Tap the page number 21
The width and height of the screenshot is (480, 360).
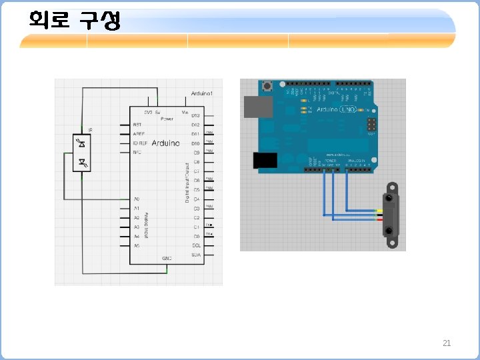447,343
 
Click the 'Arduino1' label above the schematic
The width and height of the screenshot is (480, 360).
201,94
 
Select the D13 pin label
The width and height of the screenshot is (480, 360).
196,115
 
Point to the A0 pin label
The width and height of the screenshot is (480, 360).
137,199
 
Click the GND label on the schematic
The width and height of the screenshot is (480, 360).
167,258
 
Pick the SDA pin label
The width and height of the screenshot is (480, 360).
196,255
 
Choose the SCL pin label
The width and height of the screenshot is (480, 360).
196,245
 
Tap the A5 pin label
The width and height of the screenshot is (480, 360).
137,245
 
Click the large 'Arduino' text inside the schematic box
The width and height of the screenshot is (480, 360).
166,143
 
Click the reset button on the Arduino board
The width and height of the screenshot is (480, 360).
268,86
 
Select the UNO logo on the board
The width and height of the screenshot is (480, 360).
348,109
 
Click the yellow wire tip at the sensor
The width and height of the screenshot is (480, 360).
378,211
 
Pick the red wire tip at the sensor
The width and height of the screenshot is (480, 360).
378,219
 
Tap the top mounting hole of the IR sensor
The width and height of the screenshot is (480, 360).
388,198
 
